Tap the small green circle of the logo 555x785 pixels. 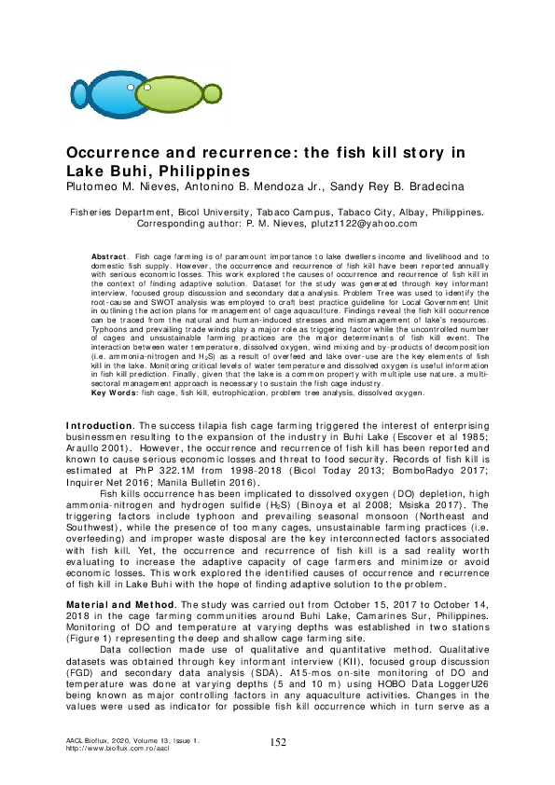[213, 93]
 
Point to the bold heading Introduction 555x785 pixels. [100, 424]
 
